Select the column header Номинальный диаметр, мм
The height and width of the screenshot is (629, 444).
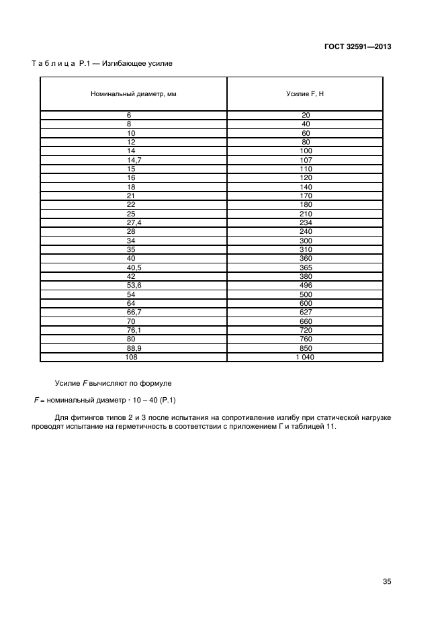click(x=134, y=94)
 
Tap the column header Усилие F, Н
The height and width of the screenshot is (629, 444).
click(x=305, y=94)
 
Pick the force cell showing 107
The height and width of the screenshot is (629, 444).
click(x=306, y=160)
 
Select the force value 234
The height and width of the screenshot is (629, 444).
click(x=306, y=222)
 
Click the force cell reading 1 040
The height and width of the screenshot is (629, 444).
click(x=306, y=357)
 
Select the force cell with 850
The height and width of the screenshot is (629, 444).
click(x=306, y=348)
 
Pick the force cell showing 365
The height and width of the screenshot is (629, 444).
click(x=306, y=267)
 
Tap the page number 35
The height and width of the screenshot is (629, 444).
click(x=386, y=582)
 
